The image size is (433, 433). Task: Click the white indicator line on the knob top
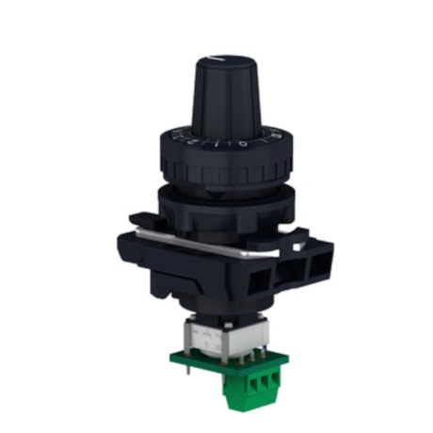pyautogui.click(x=218, y=60)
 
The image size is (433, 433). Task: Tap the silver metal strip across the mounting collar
pyautogui.click(x=207, y=244)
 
